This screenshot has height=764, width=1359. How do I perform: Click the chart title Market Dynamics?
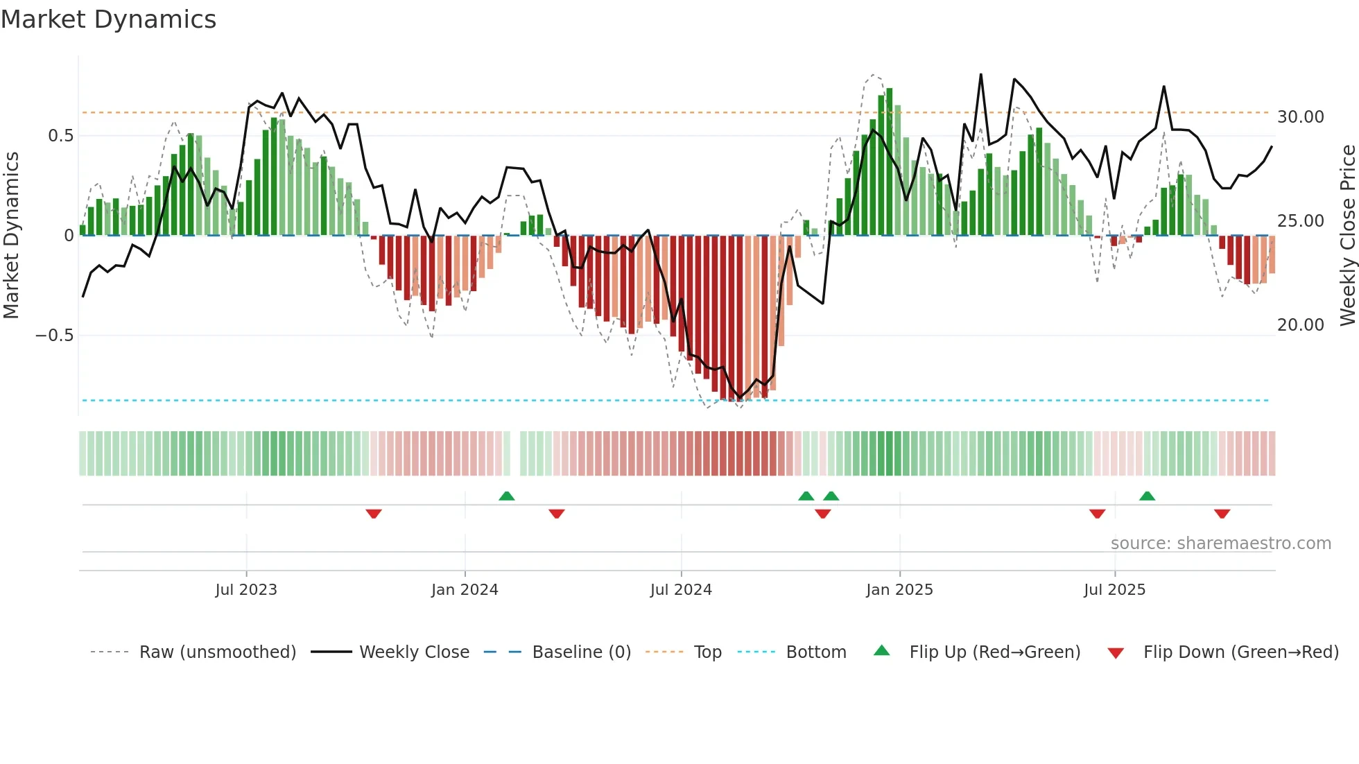coord(108,19)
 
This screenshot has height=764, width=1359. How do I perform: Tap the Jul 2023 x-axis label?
coord(246,590)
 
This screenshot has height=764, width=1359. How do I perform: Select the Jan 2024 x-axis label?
coord(465,590)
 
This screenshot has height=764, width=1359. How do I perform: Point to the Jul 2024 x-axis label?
coord(681,590)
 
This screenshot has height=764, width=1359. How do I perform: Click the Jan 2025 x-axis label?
coord(899,590)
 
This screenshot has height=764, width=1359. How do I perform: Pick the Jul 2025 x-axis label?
coord(1115,590)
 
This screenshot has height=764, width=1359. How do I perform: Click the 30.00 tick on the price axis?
coord(1301,117)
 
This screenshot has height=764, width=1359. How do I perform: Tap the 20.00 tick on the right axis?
coord(1301,325)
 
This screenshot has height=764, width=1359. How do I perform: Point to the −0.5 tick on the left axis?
coord(54,336)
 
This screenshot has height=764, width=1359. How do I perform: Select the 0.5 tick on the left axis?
coord(60,136)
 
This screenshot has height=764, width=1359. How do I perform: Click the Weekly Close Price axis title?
coord(1347,236)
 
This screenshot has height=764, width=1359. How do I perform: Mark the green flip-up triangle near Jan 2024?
coord(507,496)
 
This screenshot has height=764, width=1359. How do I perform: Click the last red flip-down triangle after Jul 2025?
coord(1222,514)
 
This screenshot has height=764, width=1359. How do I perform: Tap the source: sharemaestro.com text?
coord(1220,544)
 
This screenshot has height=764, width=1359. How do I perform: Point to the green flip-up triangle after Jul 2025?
coord(1147,496)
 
